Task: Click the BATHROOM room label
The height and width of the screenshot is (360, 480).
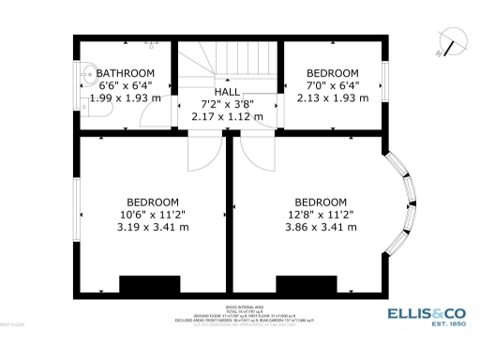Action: click(x=125, y=73)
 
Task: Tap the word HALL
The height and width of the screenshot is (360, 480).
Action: click(x=227, y=92)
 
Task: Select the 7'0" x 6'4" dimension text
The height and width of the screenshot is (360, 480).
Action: click(x=333, y=85)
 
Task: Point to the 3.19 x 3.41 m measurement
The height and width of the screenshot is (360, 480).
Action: click(x=152, y=226)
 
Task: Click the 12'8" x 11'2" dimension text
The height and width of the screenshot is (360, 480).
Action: click(x=321, y=214)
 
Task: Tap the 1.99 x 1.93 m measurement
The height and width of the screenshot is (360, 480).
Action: click(x=125, y=97)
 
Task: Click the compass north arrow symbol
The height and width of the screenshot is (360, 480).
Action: click(x=454, y=42)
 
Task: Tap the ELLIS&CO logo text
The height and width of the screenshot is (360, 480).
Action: click(x=427, y=314)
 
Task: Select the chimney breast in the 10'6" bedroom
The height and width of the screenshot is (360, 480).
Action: click(x=149, y=284)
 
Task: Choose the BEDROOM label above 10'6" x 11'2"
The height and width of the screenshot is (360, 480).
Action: click(x=152, y=202)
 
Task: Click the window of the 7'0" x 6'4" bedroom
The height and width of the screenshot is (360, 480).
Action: click(x=384, y=85)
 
